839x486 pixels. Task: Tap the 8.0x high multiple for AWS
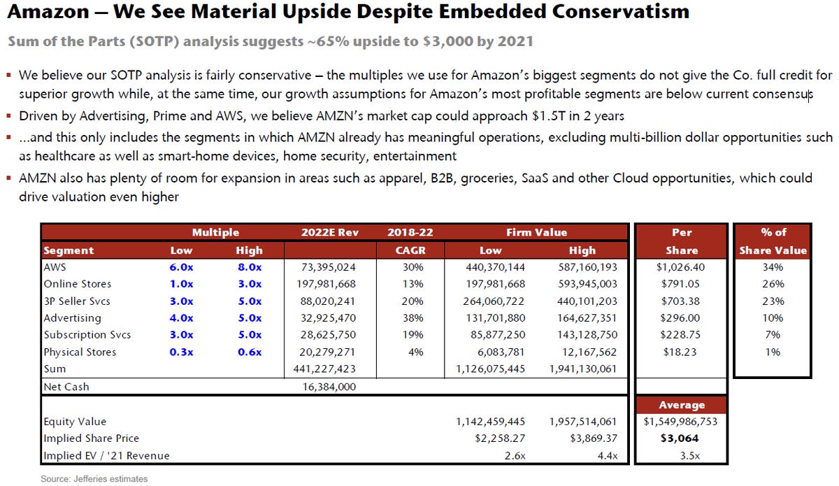pyautogui.click(x=249, y=267)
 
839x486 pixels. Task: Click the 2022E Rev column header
pyautogui.click(x=329, y=232)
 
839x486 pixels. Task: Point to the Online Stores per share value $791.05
pyautogui.click(x=681, y=284)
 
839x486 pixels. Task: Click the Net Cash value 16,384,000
pyautogui.click(x=330, y=386)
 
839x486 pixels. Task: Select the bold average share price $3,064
pyautogui.click(x=681, y=438)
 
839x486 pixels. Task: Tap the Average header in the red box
pyautogui.click(x=681, y=405)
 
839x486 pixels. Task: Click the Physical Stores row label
pyautogui.click(x=80, y=352)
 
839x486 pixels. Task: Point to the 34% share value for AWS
pyautogui.click(x=773, y=267)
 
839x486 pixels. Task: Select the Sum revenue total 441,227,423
pyautogui.click(x=330, y=369)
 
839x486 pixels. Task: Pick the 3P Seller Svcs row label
pyautogui.click(x=78, y=301)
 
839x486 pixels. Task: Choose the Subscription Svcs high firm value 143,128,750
pyautogui.click(x=583, y=335)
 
